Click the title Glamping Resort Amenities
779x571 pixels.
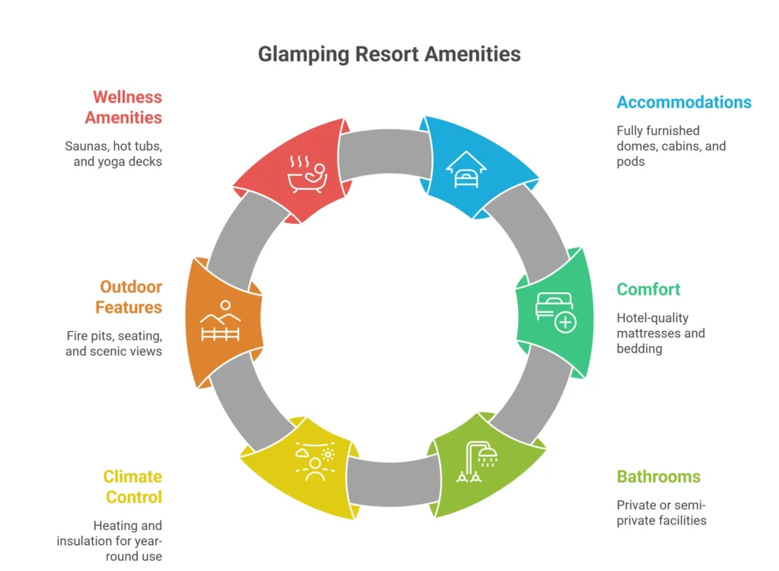tap(389, 54)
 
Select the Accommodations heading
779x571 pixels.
tap(684, 102)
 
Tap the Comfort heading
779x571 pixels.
tap(648, 289)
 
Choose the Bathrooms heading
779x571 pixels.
tap(658, 477)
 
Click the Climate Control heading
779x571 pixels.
tap(133, 487)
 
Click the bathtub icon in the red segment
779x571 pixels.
tap(307, 172)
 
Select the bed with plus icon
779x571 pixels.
tap(555, 311)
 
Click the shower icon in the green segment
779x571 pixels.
tap(478, 461)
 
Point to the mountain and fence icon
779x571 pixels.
tap(220, 322)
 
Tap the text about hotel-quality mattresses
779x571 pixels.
tap(660, 333)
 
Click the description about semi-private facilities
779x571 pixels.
tap(661, 513)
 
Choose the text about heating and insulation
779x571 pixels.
tap(110, 541)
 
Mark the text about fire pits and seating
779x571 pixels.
tap(113, 343)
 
